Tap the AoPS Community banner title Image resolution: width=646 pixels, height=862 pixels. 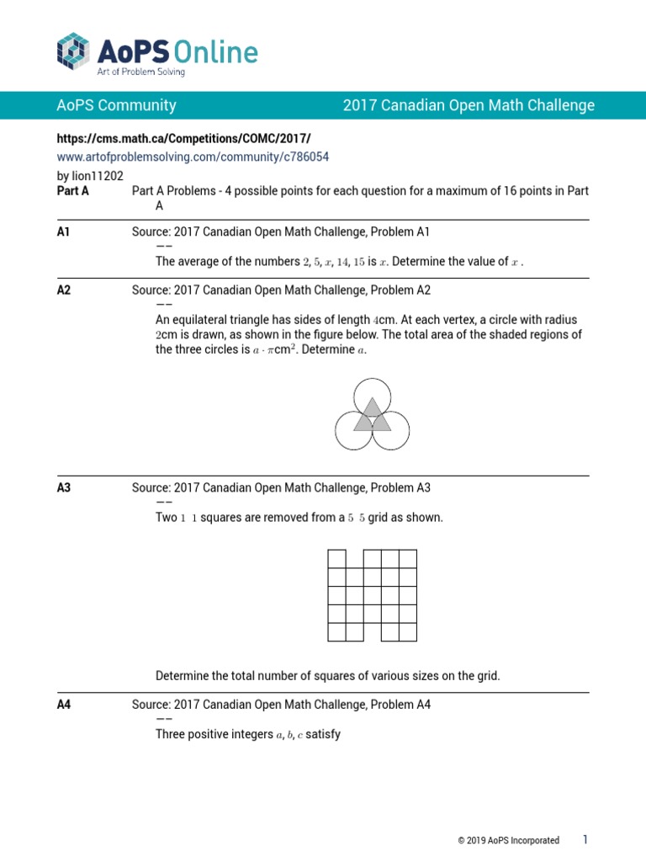click(x=116, y=105)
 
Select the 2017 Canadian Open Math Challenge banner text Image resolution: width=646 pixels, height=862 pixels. click(x=469, y=105)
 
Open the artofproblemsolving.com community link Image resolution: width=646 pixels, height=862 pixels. click(x=193, y=157)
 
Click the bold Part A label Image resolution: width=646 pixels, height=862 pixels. click(x=72, y=191)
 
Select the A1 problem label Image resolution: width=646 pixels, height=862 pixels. click(x=64, y=231)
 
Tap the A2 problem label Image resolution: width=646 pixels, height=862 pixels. click(x=64, y=290)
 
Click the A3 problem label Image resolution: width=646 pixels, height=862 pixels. click(x=64, y=487)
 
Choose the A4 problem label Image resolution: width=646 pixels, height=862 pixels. click(x=64, y=705)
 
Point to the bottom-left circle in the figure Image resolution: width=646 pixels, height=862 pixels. click(x=353, y=430)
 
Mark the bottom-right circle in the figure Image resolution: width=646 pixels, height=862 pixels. click(x=391, y=430)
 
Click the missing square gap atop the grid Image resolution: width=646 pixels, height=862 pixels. click(x=354, y=559)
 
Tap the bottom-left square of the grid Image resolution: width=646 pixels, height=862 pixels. click(x=336, y=632)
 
